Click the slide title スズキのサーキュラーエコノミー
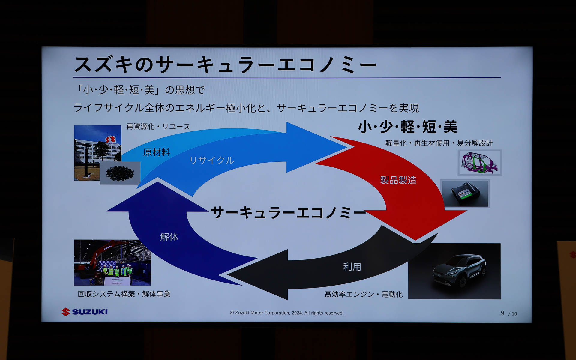click(225, 64)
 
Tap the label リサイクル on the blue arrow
click(211, 160)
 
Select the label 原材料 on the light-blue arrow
click(156, 152)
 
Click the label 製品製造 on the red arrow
click(398, 180)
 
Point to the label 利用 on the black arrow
click(352, 267)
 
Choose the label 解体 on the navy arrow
click(169, 237)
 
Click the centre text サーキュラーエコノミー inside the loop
click(288, 212)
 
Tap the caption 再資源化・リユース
click(158, 127)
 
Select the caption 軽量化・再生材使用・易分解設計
click(439, 143)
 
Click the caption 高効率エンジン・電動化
click(363, 294)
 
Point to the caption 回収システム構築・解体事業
click(124, 294)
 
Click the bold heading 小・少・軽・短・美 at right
click(407, 127)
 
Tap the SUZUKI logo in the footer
click(85, 312)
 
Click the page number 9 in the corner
click(502, 313)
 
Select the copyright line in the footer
click(286, 313)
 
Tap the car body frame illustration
click(479, 163)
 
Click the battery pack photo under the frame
click(465, 194)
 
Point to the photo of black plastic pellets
click(120, 173)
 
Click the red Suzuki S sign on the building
click(110, 140)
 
